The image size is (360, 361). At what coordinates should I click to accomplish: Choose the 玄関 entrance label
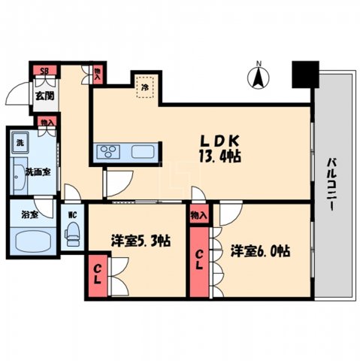pos(23,96)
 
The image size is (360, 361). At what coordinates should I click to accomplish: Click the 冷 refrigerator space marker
pos(144,87)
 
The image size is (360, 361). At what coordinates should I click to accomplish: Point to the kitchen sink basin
pos(143,152)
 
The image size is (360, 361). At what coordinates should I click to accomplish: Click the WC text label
pos(72,214)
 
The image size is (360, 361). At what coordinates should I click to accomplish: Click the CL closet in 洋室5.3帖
pos(98,269)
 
